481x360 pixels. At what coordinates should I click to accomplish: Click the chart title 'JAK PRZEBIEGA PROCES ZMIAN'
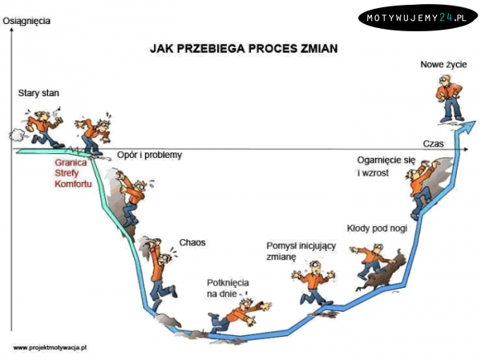pos(244,48)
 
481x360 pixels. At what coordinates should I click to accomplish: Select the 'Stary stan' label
pos(38,94)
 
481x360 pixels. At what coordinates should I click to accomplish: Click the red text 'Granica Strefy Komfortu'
pos(71,173)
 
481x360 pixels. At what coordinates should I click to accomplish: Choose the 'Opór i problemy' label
pos(149,155)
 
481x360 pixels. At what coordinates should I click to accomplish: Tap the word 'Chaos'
pos(192,242)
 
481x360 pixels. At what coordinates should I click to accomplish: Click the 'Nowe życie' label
pos(443,63)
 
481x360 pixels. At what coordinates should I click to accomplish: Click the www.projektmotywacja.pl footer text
pos(50,347)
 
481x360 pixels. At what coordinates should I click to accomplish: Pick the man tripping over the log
pos(370,262)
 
